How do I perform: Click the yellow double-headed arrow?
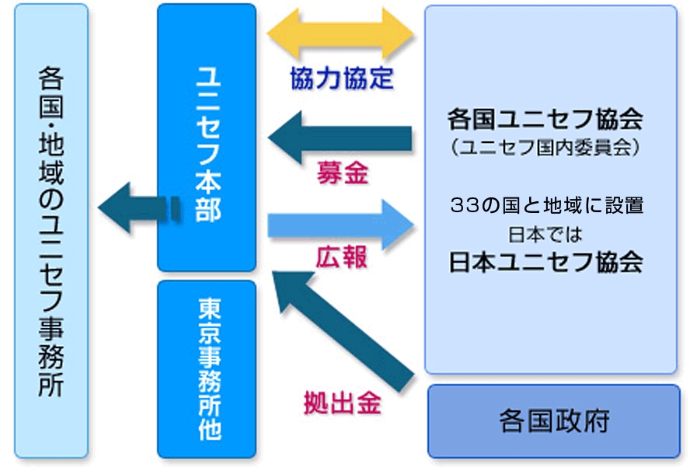point(340,35)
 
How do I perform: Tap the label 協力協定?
point(341,78)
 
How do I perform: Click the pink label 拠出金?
point(342,404)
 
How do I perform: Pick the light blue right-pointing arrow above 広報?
point(340,224)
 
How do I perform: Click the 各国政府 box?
point(554,420)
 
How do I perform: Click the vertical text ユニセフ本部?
point(207,145)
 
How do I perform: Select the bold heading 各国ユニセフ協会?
point(545,120)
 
